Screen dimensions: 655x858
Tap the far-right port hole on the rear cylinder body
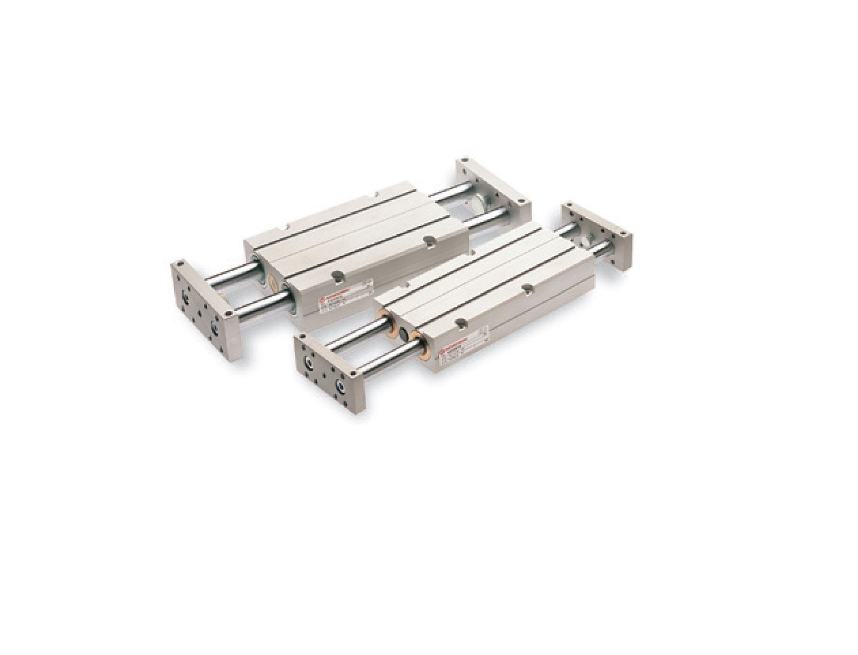coord(429,240)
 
